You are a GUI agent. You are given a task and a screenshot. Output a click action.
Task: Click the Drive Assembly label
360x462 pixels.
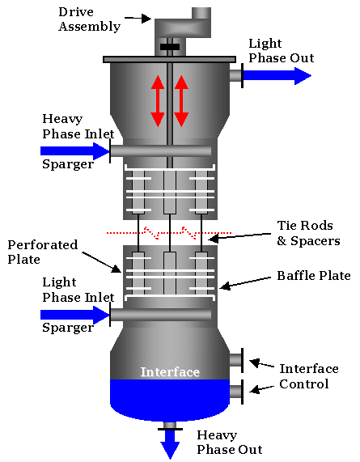tap(89, 19)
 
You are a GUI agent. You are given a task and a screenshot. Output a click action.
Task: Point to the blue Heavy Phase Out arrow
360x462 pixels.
tap(170, 443)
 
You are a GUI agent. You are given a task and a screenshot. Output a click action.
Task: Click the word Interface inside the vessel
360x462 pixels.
tap(170, 372)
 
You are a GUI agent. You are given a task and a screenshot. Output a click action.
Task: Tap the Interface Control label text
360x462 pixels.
tap(304, 376)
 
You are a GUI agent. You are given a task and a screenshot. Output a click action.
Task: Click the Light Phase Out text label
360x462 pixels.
tap(281, 51)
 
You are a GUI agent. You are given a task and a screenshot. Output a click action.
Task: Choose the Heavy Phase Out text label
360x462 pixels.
tap(230, 442)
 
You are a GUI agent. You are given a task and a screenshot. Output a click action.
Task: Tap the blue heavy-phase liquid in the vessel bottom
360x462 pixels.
tap(170, 398)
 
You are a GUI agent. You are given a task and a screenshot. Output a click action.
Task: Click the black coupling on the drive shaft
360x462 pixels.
tap(170, 47)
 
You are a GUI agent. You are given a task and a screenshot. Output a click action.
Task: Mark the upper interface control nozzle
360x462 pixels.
tap(236, 359)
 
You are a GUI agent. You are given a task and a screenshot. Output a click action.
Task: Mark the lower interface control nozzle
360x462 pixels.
tap(236, 392)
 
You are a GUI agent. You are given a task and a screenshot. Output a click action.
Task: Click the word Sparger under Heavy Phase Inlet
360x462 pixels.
tap(68, 163)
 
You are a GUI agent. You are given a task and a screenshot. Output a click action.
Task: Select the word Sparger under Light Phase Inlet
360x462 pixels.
tap(68, 328)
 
